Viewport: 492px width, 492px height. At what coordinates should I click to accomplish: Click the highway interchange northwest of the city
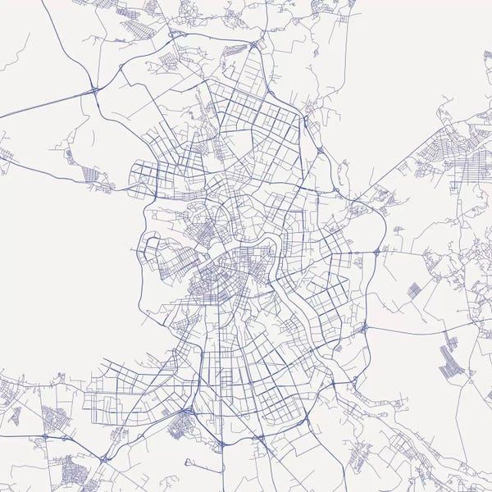tap(95, 89)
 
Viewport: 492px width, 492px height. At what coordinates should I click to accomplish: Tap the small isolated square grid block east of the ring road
tap(416, 289)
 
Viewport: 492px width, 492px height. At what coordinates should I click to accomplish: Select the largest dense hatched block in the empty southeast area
tap(450, 361)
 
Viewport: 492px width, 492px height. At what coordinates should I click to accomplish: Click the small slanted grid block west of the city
tap(89, 174)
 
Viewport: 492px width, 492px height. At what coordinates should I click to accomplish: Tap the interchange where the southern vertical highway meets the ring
tap(222, 444)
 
